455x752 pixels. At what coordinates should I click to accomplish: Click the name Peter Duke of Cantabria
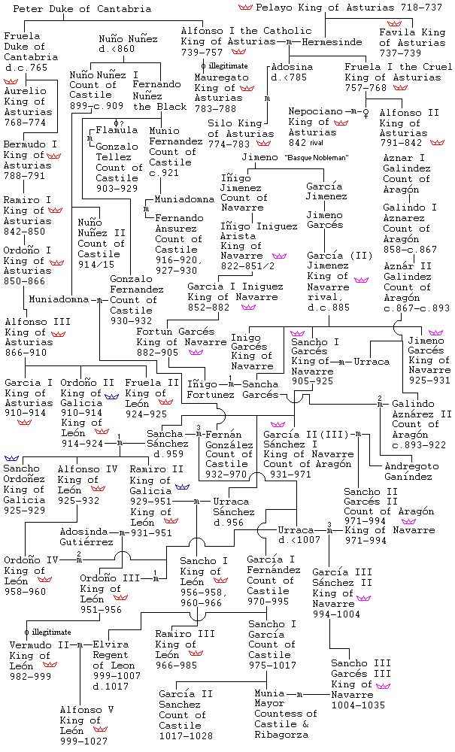pos(82,8)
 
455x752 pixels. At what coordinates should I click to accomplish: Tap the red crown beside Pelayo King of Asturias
pos(245,7)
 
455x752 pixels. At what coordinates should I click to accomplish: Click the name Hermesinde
pos(332,41)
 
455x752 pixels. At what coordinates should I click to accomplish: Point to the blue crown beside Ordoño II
pos(111,396)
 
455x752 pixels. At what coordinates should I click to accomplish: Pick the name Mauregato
pos(222,77)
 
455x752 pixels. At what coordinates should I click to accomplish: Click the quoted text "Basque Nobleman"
pos(316,157)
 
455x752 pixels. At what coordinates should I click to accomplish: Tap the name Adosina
pos(292,67)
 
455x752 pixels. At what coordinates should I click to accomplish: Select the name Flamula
pos(117,130)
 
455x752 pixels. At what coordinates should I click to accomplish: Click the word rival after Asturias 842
pos(316,142)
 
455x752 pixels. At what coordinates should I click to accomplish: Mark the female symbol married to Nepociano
pos(366,112)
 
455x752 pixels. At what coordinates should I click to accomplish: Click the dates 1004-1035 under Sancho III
pos(358,705)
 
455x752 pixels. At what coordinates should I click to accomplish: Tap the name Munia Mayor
pos(269,699)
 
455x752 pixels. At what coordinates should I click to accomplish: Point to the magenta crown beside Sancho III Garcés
pos(383,686)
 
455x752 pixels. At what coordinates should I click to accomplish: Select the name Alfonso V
pos(86,709)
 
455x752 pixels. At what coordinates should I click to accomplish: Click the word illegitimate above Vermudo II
pos(51,632)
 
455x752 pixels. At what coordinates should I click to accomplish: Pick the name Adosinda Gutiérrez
pos(86,537)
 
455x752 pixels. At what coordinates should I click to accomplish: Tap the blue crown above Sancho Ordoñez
pos(11,459)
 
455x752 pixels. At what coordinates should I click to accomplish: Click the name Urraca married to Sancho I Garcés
pos(372,362)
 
